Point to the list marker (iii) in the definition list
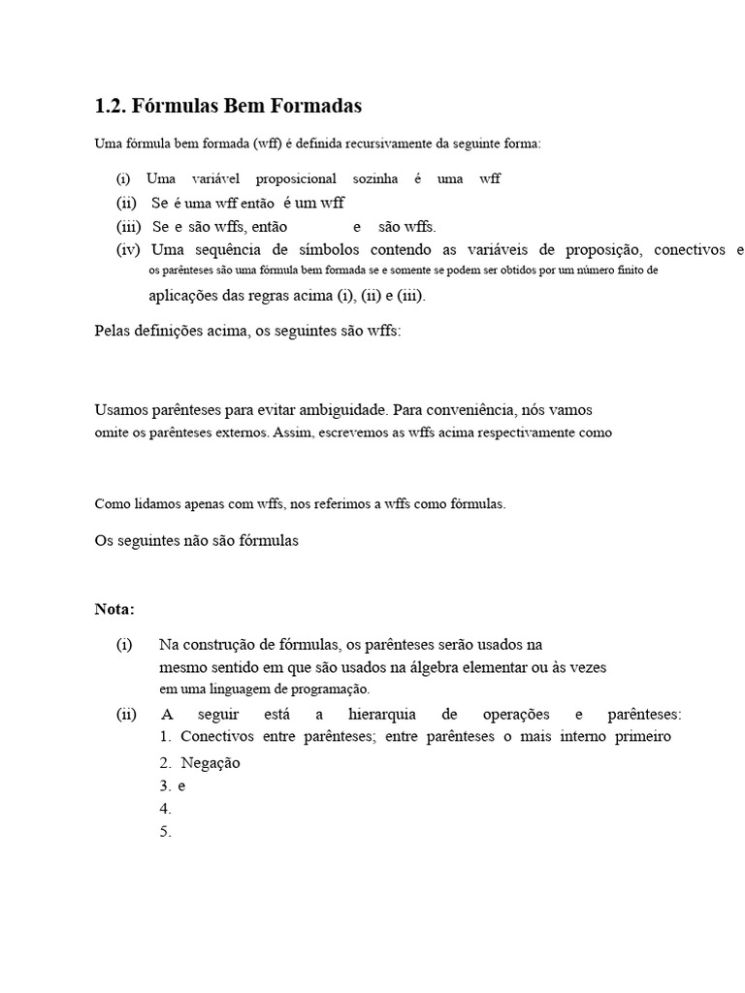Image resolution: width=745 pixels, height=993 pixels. pos(128,227)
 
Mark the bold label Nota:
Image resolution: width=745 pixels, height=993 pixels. pos(114,609)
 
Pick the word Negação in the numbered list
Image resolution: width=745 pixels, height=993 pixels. pos(211,762)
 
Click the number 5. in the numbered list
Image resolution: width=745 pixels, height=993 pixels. pos(165,831)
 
